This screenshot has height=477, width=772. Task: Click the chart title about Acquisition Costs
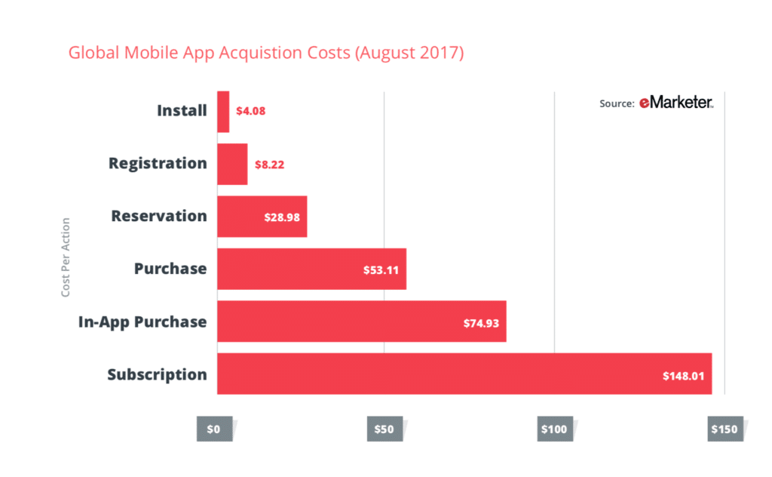(265, 54)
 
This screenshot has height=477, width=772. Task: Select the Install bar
(223, 111)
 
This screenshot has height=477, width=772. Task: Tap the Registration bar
(232, 164)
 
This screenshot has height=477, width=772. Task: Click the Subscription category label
(157, 374)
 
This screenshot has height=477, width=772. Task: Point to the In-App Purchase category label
(142, 322)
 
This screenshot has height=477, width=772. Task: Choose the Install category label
(182, 111)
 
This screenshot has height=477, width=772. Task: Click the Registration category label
(158, 163)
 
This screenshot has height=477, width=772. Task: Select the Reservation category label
(159, 216)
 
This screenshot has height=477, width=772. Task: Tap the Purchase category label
(170, 269)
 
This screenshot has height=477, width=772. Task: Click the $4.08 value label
(250, 111)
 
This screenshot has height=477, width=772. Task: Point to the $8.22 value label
(268, 164)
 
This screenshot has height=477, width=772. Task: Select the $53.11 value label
(381, 269)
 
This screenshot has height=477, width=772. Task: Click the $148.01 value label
(684, 375)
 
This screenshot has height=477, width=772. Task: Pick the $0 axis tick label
(213, 429)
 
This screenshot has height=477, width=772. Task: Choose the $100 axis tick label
(553, 429)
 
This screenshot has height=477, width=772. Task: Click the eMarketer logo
(676, 103)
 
